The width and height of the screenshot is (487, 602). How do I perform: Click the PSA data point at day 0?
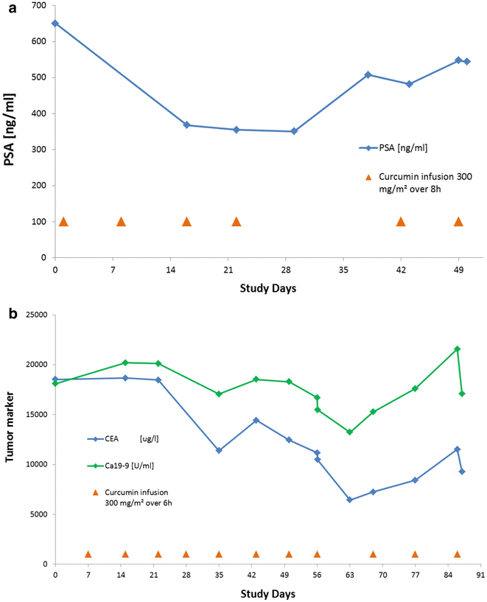coord(55,23)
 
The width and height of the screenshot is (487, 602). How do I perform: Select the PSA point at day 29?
coord(294,131)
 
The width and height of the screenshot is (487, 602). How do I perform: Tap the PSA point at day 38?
coord(368,74)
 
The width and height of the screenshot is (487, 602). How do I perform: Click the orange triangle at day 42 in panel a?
coord(401,222)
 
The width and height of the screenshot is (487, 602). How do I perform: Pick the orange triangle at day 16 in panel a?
coord(186,222)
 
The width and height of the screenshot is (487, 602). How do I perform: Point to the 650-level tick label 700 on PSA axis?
coord(37,6)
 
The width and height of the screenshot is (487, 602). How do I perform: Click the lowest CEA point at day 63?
coord(350,500)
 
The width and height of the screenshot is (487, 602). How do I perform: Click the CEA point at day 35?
coord(219,450)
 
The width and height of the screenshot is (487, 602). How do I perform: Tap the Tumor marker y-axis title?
coord(10,440)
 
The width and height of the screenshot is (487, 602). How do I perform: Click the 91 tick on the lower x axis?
coord(480,575)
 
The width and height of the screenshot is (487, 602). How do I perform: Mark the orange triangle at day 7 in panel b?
coord(88,554)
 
